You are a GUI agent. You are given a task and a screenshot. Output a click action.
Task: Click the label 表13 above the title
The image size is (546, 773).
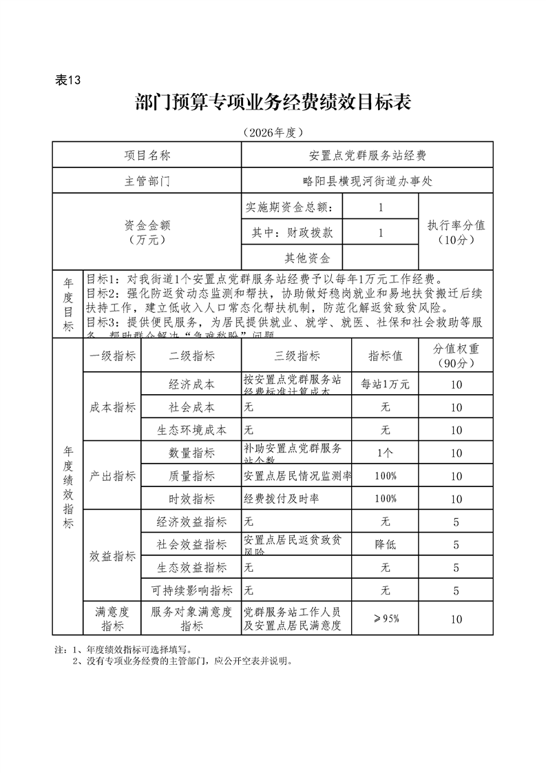pos(67,80)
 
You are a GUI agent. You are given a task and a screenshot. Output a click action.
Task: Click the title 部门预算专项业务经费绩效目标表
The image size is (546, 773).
pos(273,103)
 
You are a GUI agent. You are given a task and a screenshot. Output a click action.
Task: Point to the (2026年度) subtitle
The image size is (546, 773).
pos(273,132)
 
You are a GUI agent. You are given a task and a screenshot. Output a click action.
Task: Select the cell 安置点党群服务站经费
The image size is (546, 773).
pos(367,155)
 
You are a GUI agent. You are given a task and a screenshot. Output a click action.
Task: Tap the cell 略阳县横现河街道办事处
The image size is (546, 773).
pos(367,181)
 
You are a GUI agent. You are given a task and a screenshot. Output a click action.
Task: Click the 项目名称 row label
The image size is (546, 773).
pos(147,155)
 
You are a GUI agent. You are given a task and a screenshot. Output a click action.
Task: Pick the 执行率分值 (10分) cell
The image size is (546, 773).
pos(456,232)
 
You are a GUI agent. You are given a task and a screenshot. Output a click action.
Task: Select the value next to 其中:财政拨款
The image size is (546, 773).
pos(380,233)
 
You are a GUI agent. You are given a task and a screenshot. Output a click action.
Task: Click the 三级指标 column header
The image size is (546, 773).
pos(296,355)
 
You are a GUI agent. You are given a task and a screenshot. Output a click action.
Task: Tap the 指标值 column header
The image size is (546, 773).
pos(385,355)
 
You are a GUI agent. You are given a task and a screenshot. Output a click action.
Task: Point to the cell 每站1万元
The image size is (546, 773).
pos(385,384)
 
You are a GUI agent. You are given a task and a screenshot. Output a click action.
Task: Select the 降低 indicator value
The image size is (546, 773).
pos(385,544)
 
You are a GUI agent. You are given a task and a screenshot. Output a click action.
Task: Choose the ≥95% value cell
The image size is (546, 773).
pos(385,619)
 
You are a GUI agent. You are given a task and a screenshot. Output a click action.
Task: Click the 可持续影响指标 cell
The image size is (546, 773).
pos(191,590)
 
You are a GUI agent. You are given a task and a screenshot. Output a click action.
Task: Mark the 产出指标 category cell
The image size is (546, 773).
pos(112,476)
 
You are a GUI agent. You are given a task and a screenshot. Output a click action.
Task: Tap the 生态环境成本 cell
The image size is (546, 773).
pos(191,430)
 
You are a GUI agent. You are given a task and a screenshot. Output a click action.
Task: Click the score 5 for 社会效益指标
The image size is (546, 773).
pos(456,544)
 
